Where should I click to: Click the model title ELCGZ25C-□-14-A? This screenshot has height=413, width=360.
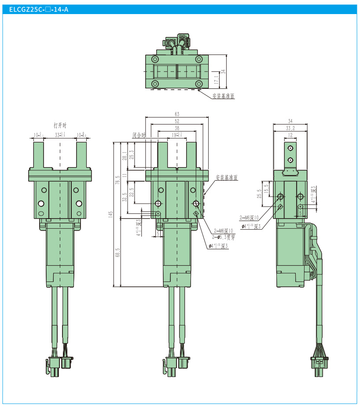36,9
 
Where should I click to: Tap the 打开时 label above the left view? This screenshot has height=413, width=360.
60,124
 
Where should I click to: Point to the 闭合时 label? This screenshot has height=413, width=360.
139,135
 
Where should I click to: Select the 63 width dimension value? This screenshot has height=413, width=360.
177,114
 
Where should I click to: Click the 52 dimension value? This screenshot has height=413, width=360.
177,121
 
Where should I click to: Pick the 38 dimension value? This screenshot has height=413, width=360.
177,128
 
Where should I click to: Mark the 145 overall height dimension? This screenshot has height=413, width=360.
111,214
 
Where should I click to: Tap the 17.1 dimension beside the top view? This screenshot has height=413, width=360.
216,80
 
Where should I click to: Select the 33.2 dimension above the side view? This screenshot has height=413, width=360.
290,128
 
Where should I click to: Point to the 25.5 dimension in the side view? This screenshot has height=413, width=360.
260,194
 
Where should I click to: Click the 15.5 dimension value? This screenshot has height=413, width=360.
266,188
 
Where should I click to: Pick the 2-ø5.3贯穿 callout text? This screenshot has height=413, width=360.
223,236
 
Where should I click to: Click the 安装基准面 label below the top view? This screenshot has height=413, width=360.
224,95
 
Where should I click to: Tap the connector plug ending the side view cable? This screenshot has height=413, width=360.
318,366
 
